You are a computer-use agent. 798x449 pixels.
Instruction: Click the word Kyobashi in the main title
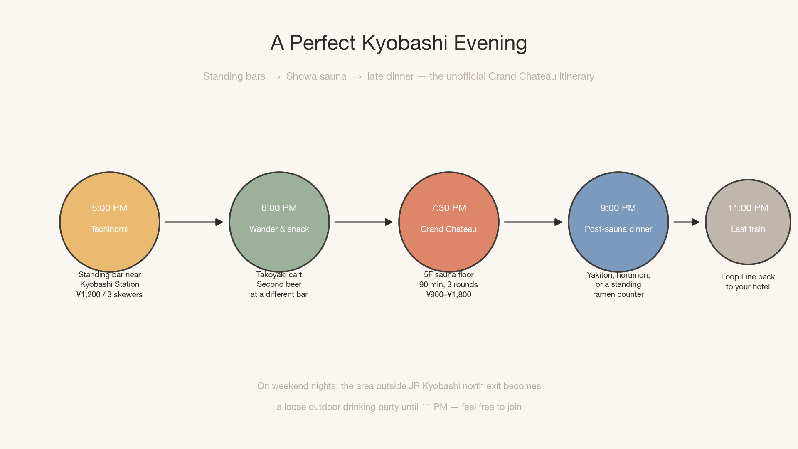[x=404, y=43]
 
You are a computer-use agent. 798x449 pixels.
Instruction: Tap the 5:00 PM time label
[x=109, y=208]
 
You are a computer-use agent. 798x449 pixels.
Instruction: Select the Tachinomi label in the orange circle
[x=109, y=229]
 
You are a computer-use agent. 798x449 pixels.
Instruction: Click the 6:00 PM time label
[x=279, y=208]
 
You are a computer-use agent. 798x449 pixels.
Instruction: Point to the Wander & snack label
[x=279, y=229]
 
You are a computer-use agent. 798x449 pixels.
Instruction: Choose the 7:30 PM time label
[x=448, y=208]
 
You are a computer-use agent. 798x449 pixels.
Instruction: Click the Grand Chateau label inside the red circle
[x=448, y=229]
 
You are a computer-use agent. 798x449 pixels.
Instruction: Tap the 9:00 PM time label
[x=618, y=208]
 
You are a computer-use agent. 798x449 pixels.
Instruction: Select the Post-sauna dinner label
[x=618, y=229]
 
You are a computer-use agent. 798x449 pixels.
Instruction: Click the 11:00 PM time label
[x=748, y=208]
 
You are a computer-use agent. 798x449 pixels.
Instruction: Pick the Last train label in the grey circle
[x=748, y=229]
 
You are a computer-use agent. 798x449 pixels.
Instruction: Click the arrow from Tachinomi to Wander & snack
[x=194, y=222]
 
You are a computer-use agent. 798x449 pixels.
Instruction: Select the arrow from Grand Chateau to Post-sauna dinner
[x=533, y=222]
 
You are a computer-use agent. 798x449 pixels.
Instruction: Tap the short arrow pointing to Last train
[x=686, y=222]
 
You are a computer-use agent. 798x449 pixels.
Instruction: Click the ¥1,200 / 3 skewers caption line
[x=109, y=294]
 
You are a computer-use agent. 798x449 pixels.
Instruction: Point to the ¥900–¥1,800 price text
[x=448, y=294]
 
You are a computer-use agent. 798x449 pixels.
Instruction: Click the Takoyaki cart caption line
[x=279, y=274]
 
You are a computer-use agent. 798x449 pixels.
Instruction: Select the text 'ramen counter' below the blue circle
[x=618, y=294]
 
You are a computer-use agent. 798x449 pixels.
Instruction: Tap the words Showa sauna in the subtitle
[x=316, y=76]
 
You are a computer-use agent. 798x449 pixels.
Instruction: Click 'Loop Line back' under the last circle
[x=748, y=276]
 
